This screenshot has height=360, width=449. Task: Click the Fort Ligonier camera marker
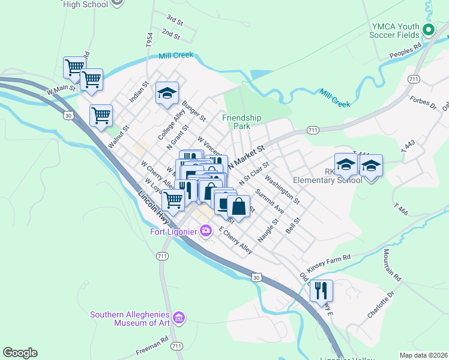206,230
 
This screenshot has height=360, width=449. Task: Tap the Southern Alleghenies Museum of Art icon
178,317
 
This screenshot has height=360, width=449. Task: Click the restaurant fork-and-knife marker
321,291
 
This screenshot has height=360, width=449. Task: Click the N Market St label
246,155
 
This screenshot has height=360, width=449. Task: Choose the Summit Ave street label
269,202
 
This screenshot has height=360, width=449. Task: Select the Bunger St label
194,110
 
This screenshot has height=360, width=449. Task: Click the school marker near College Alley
167,94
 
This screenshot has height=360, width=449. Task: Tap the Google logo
20,353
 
